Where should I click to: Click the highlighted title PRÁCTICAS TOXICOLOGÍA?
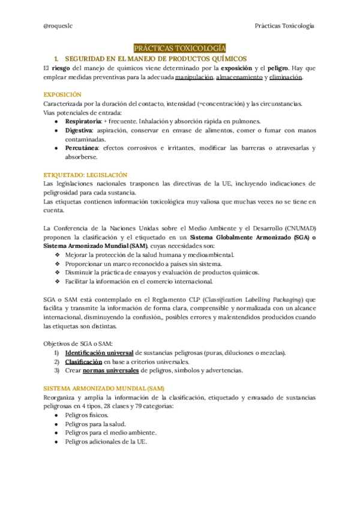pyautogui.click(x=179, y=48)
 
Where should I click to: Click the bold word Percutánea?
pyautogui.click(x=82, y=148)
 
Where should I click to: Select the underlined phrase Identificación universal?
pyautogui.click(x=99, y=352)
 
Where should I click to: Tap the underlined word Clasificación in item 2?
pyautogui.click(x=83, y=361)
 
